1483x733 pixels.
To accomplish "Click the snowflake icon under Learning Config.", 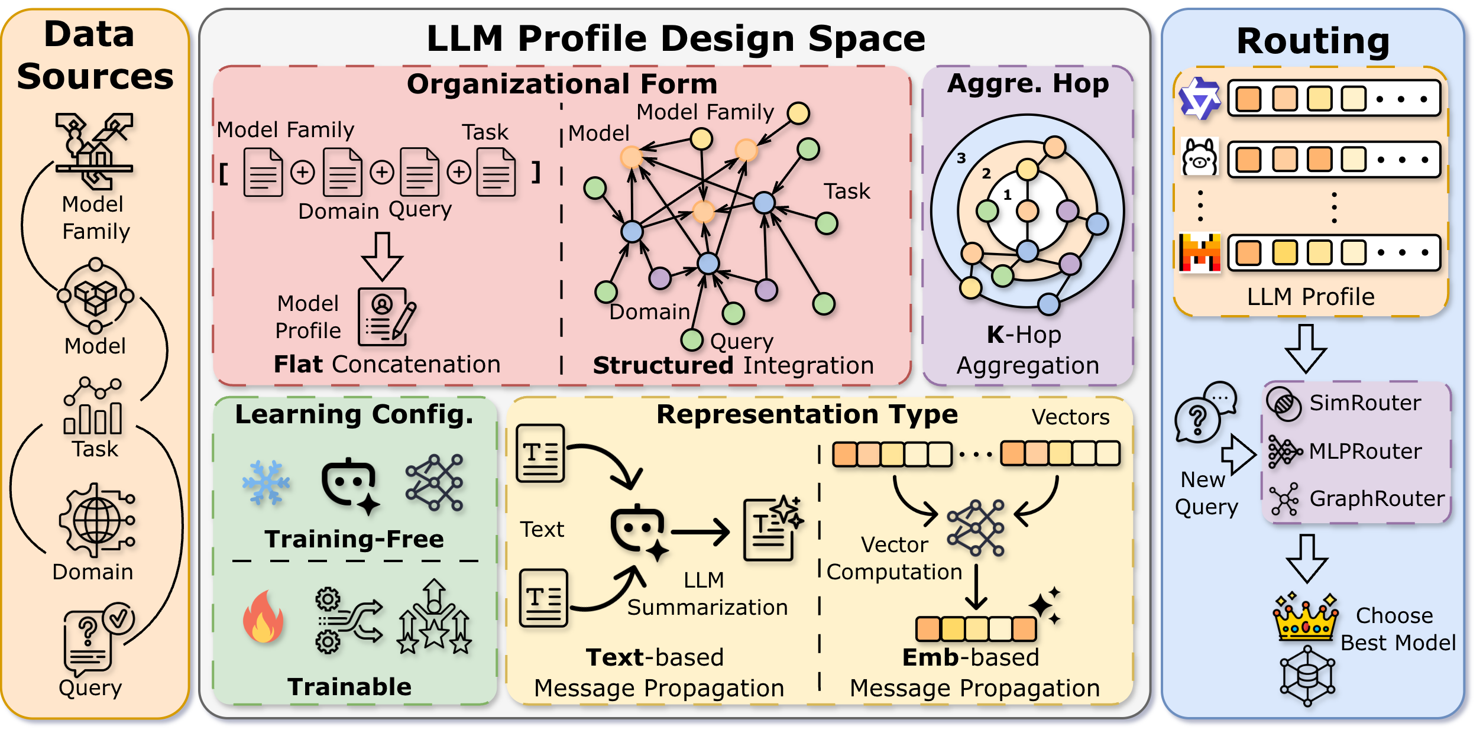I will (266, 483).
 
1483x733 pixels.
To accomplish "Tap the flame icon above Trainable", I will (263, 618).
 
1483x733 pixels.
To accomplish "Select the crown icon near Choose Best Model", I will (1306, 619).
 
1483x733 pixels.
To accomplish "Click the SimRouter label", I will (1365, 403).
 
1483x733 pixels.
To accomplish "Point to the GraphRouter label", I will (1377, 499).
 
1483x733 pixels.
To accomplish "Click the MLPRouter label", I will (1365, 452).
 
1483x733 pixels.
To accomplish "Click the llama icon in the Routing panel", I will (1199, 157).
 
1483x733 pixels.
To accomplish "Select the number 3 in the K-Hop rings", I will (961, 158).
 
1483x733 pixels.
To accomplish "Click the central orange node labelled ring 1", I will (1028, 210).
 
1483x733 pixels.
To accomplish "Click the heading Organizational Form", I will (562, 84).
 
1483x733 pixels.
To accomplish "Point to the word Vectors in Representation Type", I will (1070, 417).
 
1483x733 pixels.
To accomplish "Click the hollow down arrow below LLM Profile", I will (1306, 349).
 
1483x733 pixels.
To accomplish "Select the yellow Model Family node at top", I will (798, 113).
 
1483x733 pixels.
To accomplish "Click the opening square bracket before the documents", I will (224, 174).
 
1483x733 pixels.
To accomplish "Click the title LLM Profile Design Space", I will (676, 39).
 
